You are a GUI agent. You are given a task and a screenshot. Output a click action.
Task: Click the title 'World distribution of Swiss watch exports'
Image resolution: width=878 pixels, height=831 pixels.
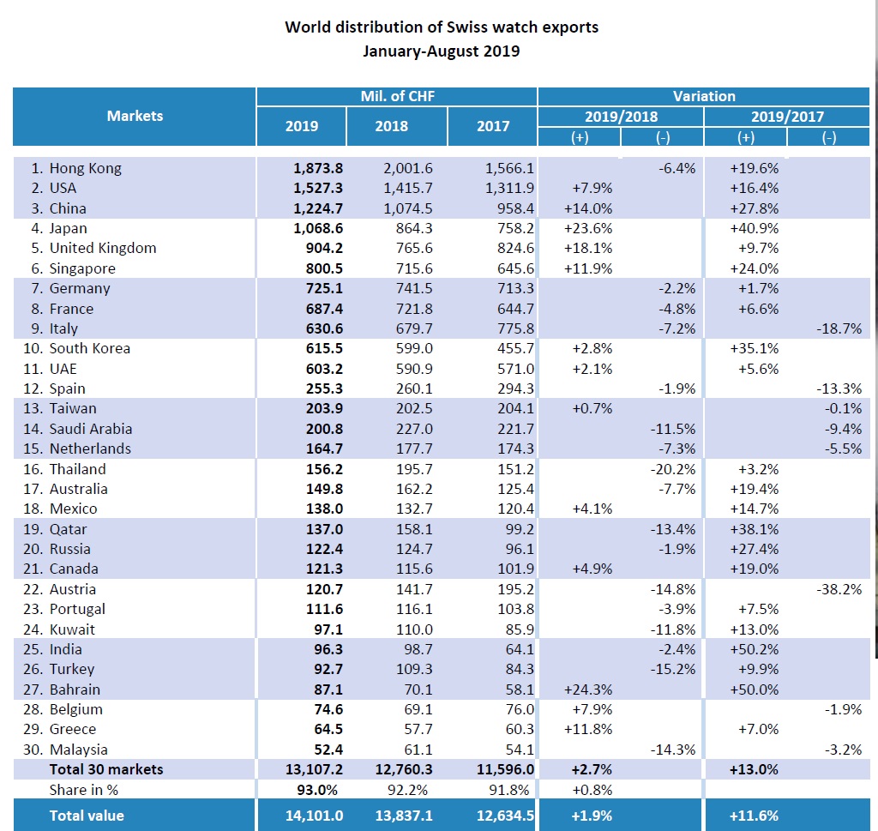442,27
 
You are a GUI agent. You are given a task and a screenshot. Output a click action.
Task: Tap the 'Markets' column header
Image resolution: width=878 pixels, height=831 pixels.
135,116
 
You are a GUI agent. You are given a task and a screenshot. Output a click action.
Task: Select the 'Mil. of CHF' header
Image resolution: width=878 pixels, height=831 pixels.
397,96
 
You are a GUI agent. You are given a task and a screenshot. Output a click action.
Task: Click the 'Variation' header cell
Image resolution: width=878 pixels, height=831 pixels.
704,96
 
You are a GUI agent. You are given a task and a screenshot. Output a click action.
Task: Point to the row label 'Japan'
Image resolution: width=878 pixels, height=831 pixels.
68,228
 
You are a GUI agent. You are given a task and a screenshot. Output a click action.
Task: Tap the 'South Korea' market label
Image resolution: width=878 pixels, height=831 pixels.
89,348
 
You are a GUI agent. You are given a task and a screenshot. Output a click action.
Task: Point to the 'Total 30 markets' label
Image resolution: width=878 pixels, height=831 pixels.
105,769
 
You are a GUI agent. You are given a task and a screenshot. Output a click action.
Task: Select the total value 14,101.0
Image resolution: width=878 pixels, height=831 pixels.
314,816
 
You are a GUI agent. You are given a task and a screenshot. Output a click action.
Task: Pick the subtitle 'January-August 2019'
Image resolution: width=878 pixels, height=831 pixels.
442,51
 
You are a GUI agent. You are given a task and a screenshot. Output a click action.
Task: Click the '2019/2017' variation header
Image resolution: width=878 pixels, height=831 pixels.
786,117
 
